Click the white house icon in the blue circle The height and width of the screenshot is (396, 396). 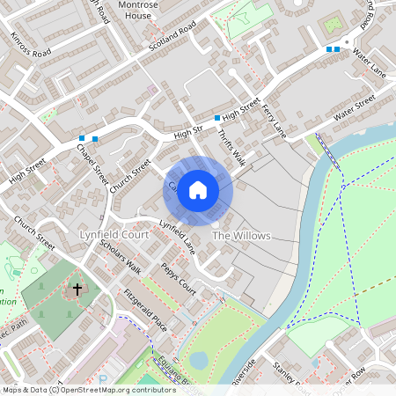(198, 189)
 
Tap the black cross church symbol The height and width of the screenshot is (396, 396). (77, 289)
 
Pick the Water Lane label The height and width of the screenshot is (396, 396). (369, 59)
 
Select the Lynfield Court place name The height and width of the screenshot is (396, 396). (113, 236)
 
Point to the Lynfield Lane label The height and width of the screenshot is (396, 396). (176, 233)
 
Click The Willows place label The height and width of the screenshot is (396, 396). (241, 237)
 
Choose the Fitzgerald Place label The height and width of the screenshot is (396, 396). (144, 309)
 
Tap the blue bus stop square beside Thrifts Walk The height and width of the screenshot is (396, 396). (216, 117)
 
